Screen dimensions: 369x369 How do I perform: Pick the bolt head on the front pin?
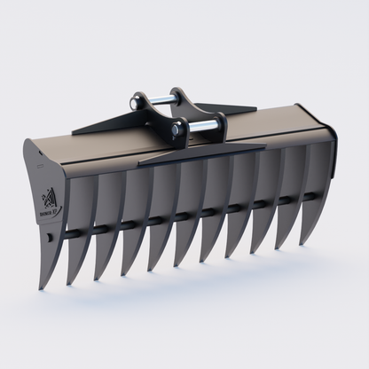pos(177,130)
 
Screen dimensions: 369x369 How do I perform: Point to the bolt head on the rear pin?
pos(137,101)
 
